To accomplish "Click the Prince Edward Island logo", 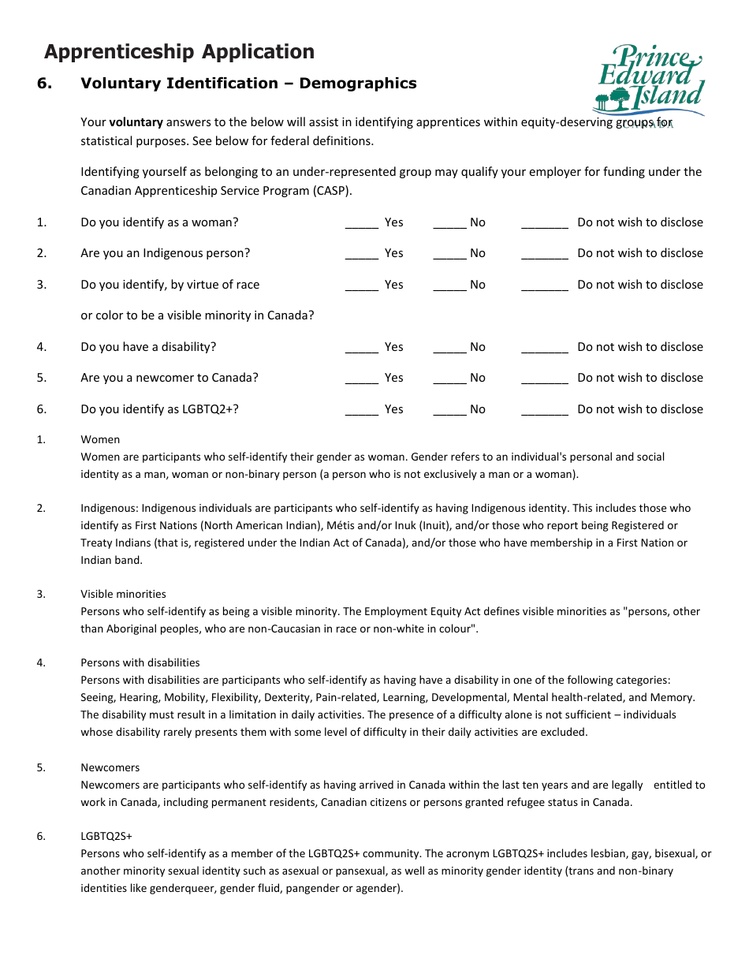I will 648,81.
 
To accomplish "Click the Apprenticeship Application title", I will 179,52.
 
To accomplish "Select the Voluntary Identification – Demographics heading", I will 248,84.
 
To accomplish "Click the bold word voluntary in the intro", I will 136,122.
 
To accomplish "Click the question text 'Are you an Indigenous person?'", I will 165,253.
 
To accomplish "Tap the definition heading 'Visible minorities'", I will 123,594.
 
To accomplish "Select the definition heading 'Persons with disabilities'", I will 140,662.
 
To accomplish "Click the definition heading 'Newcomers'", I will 110,767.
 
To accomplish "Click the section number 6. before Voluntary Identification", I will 44,84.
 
